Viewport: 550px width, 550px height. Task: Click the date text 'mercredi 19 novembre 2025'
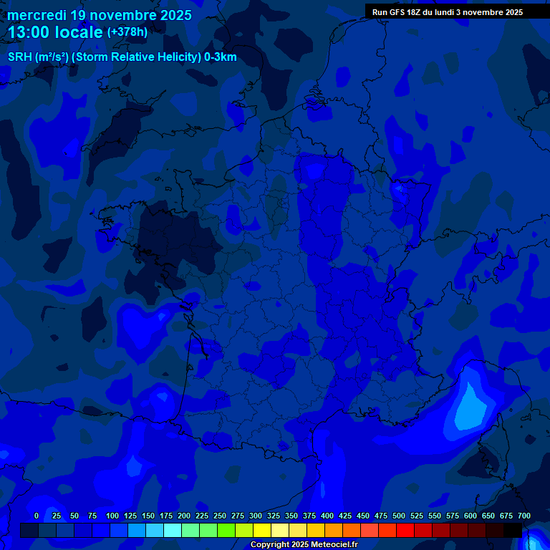tap(100, 15)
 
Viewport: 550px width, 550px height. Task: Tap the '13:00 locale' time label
tap(55, 32)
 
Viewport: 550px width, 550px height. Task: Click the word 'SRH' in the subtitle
tap(19, 57)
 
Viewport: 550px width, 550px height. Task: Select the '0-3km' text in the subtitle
tap(220, 57)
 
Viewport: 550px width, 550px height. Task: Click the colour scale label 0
tap(37, 516)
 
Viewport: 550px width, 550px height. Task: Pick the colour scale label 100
tap(112, 516)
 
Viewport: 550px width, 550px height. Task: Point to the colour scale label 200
tap(184, 516)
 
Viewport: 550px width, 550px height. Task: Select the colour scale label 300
tap(256, 516)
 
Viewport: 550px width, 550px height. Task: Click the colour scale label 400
tap(327, 516)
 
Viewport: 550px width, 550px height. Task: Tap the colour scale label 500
tap(399, 516)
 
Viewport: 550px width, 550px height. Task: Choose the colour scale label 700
tap(524, 516)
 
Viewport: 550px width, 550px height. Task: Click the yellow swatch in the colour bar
tap(262, 530)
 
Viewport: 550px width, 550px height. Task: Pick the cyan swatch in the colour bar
tap(173, 530)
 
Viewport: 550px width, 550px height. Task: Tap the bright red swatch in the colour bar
tap(405, 530)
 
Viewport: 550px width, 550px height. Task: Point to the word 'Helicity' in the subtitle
tap(174, 57)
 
